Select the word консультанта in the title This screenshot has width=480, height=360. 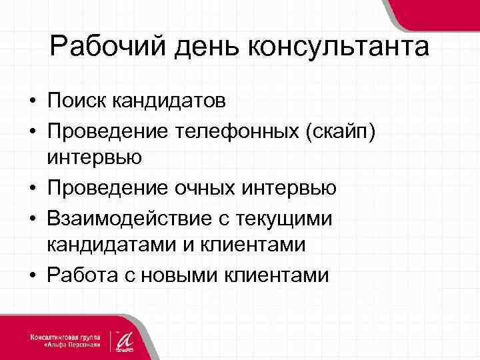point(338,48)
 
